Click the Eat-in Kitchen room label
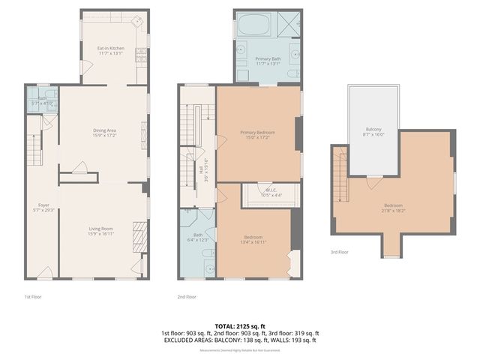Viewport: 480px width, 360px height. click(x=110, y=48)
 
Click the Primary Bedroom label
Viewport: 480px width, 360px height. click(x=258, y=133)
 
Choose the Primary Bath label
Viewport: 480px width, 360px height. click(x=268, y=58)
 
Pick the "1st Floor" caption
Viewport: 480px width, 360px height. click(x=33, y=296)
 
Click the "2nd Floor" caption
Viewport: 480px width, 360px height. click(x=187, y=296)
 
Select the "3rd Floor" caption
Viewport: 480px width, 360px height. click(x=340, y=252)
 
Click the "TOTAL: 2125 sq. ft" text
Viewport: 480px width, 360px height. click(x=240, y=326)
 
